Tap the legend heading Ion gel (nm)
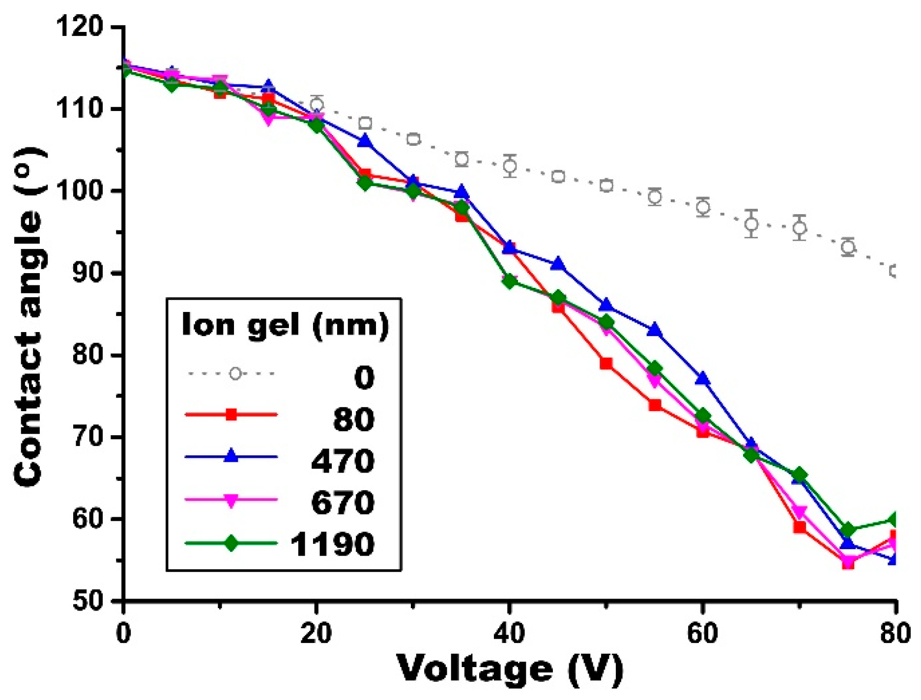point(285,325)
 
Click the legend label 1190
point(332,544)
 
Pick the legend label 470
point(343,461)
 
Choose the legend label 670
point(343,503)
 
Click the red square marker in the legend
point(231,415)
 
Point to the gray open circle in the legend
point(235,374)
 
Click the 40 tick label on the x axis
point(510,634)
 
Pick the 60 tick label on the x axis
point(703,634)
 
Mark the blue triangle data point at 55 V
point(655,330)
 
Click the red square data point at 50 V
point(606,364)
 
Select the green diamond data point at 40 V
point(510,281)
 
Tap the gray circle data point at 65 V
point(751,224)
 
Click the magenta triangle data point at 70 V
point(800,512)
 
